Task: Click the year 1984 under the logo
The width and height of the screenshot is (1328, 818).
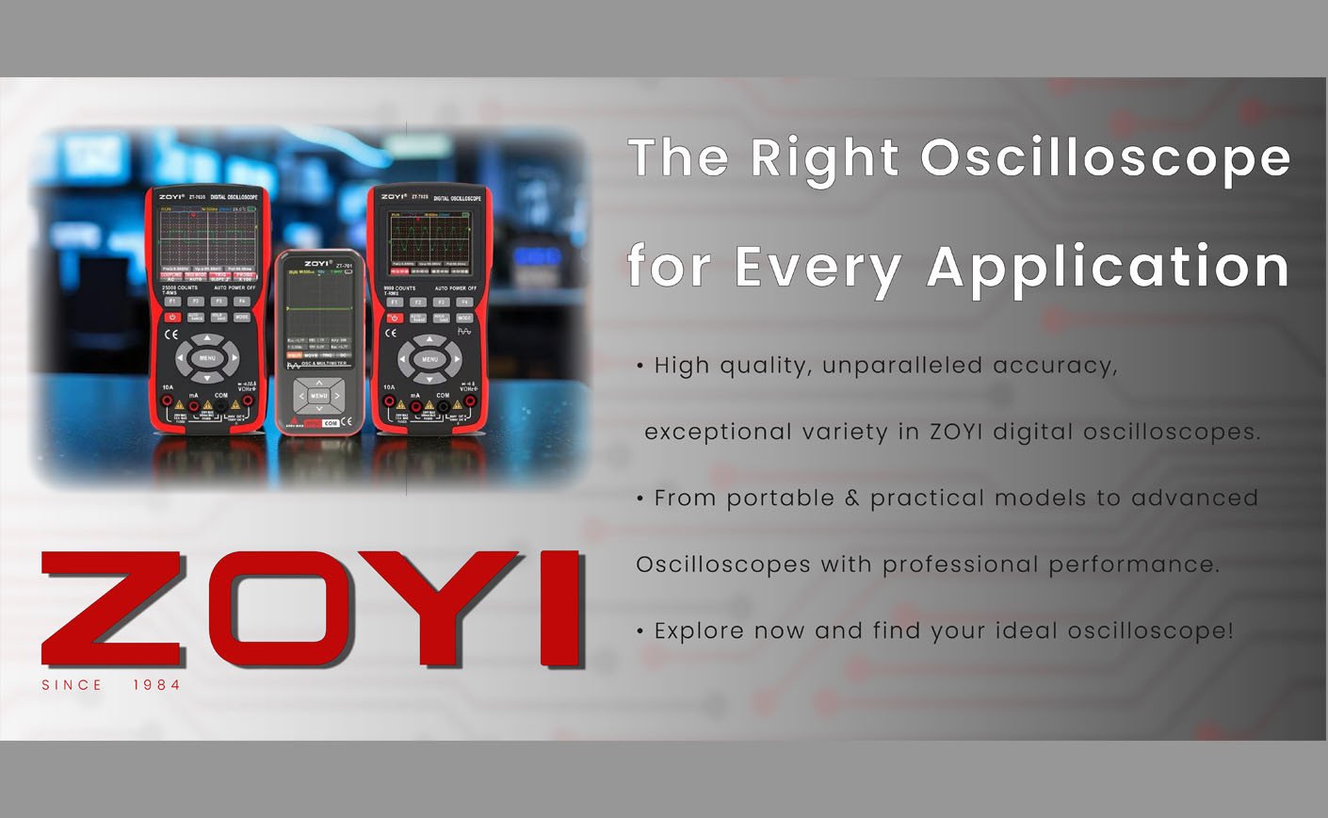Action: point(156,685)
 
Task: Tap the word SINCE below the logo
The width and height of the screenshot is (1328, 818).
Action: point(72,685)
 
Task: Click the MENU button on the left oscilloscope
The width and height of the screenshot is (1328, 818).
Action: point(208,358)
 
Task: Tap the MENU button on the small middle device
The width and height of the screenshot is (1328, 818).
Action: point(319,397)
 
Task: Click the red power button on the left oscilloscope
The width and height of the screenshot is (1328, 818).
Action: point(172,318)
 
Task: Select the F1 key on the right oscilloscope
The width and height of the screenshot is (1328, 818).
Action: point(395,303)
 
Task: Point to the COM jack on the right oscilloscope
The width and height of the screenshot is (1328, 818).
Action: point(442,406)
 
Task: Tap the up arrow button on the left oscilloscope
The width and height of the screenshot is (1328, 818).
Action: point(208,337)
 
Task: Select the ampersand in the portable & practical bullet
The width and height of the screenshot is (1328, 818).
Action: point(852,499)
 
